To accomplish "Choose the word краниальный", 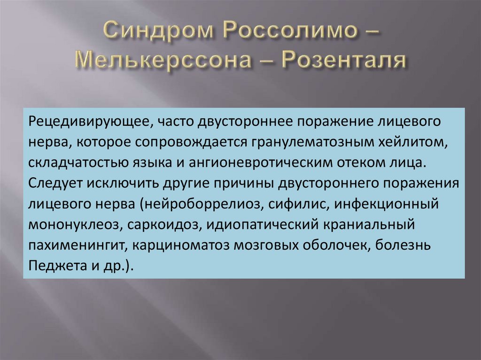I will [x=370, y=224].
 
